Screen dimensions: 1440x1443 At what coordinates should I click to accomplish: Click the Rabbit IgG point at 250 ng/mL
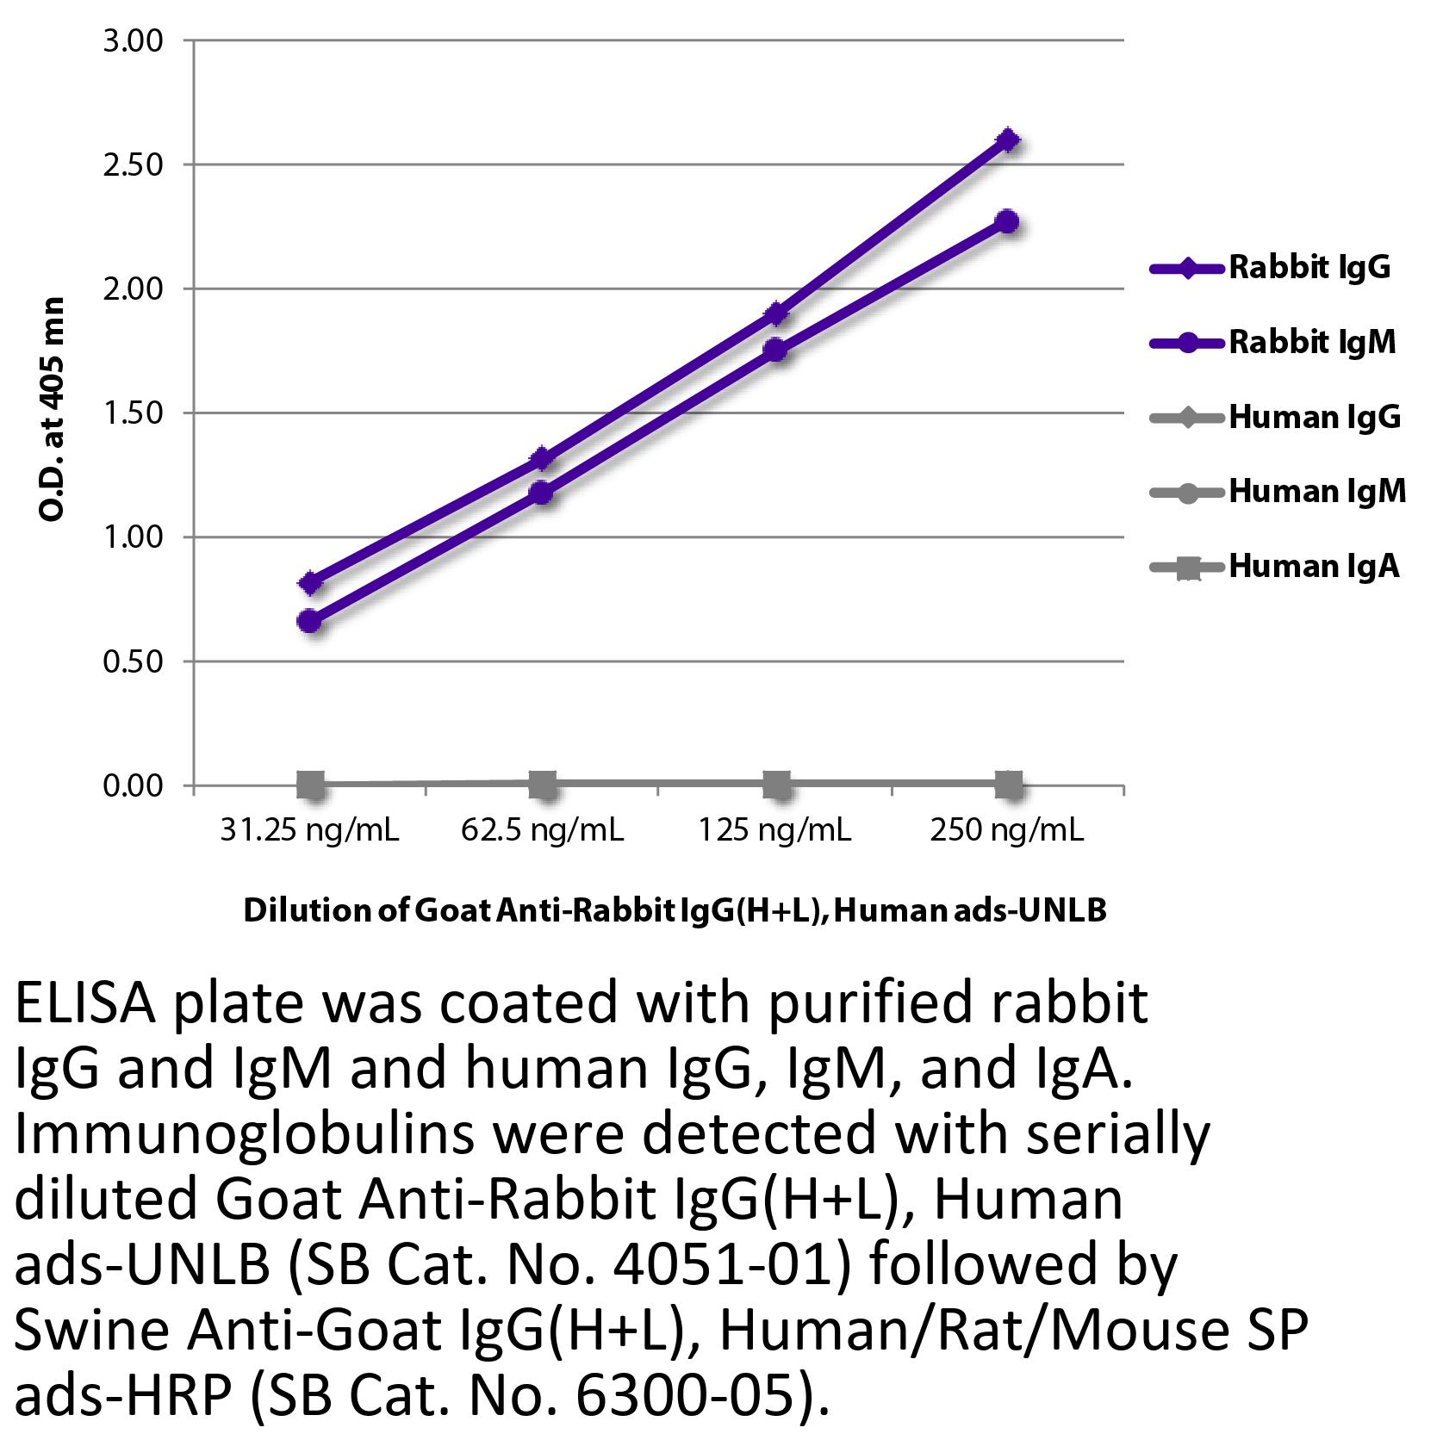pos(1007,140)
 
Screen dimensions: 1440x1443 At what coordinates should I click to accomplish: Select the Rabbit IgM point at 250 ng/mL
pos(1007,221)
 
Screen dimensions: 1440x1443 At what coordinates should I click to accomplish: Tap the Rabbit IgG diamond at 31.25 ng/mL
pos(311,584)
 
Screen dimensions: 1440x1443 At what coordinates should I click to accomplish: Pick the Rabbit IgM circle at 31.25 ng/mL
pos(311,621)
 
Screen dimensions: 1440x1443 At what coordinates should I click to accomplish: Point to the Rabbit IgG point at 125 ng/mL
pos(776,313)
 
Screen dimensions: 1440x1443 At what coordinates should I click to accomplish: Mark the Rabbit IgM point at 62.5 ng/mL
pos(542,493)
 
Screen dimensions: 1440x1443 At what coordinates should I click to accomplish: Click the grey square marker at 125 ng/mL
pos(776,785)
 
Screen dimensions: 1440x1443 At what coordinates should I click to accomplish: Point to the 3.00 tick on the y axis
pos(133,40)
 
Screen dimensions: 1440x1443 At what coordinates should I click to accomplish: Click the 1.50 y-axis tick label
pos(133,413)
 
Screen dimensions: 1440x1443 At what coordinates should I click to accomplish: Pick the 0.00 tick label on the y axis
pos(133,786)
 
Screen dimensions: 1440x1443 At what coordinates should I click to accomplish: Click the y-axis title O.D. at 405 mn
pos(52,410)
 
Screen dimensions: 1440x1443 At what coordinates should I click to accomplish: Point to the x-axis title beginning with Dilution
pos(675,910)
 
